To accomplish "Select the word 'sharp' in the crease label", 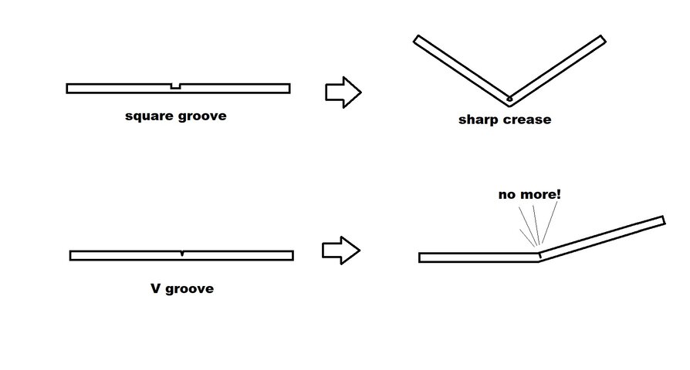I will [479, 119].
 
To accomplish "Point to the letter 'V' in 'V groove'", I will [155, 289].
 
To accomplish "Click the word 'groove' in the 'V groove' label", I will [190, 289].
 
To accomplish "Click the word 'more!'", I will [542, 194].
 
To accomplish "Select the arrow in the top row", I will [343, 91].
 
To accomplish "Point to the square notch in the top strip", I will [175, 86].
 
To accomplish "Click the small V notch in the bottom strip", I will [181, 253].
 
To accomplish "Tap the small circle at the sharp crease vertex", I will [509, 99].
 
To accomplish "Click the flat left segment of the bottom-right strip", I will [479, 257].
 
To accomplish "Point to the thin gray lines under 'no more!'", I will [534, 227].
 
